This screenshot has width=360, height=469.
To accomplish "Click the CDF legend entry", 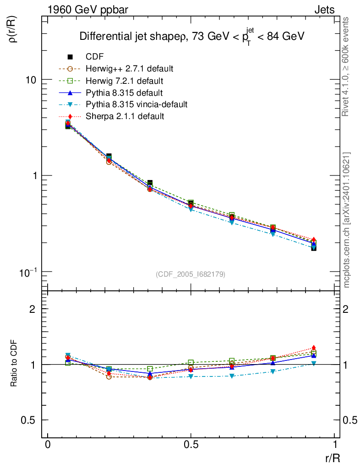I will (x=95, y=57).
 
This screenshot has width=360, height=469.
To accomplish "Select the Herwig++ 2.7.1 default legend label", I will (x=129, y=69).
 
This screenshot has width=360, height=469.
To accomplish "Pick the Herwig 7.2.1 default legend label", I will (x=124, y=81).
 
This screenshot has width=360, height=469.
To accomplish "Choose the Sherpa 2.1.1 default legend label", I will (x=125, y=116).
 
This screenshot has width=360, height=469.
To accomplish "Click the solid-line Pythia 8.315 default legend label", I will (x=124, y=93).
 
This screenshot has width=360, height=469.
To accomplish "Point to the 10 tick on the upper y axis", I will (x=31, y=80).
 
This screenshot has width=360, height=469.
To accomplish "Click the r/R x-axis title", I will (x=332, y=458).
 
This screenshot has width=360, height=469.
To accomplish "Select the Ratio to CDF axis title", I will (x=14, y=364).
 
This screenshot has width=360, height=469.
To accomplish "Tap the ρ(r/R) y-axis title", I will (x=14, y=30).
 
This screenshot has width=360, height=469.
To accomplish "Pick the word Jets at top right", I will (x=324, y=10).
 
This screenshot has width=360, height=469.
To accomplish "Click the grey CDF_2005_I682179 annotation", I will (x=191, y=274).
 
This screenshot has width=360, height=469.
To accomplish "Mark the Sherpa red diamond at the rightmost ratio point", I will (x=314, y=348).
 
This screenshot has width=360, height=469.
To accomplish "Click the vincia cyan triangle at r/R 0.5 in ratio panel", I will (x=191, y=376).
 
